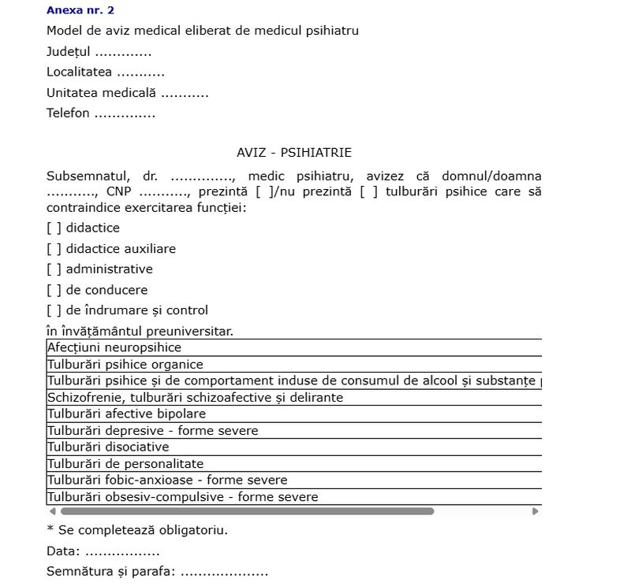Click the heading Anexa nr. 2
80,10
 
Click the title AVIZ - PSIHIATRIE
293,153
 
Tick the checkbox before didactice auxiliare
54,249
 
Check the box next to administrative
54,269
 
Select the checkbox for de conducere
54,290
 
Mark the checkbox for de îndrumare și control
54,310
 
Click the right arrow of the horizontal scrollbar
535,511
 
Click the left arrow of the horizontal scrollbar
53,511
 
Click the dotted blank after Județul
123,54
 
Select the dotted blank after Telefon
125,113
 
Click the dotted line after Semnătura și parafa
224,572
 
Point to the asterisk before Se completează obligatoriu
50,529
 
